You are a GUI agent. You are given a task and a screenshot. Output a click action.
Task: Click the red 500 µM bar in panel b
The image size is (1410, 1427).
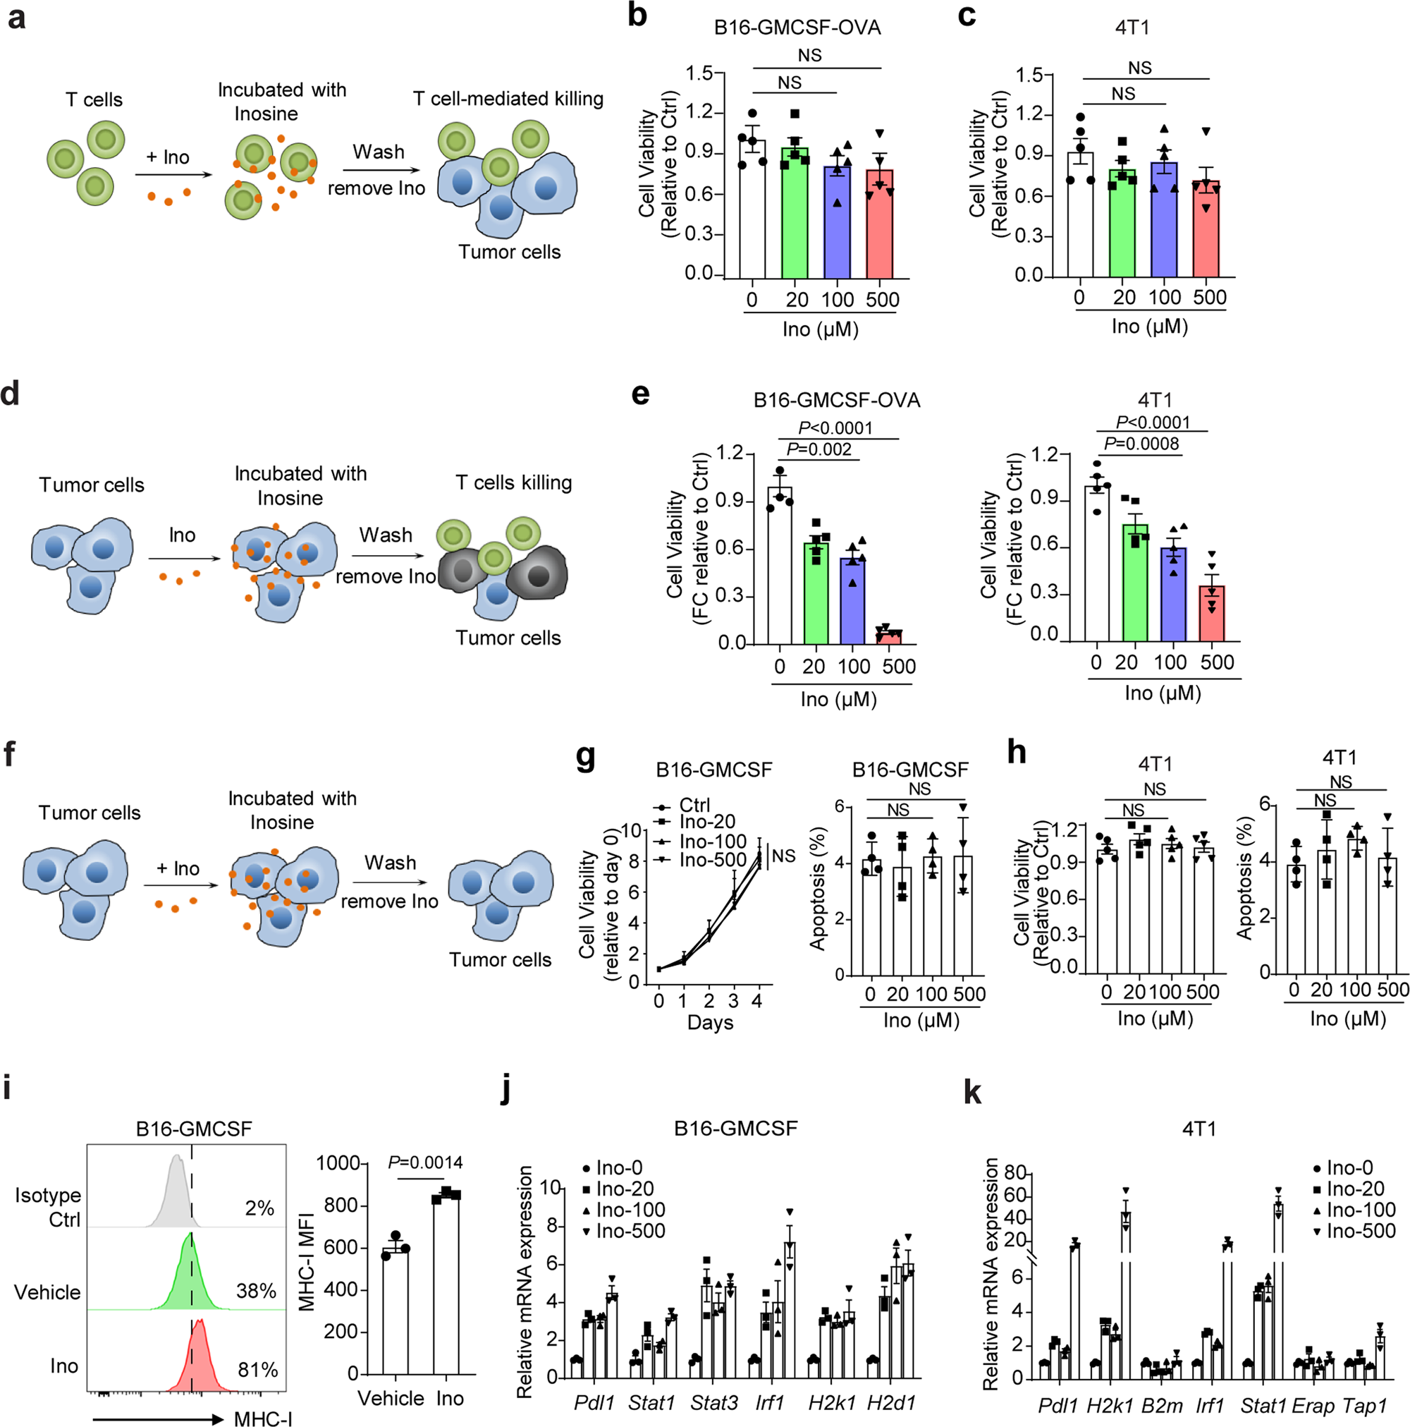[x=879, y=225]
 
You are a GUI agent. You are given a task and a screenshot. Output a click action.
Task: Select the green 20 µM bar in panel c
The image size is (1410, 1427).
[x=1122, y=224]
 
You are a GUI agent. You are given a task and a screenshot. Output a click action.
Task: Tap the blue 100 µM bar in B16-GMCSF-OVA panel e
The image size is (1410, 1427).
[x=852, y=600]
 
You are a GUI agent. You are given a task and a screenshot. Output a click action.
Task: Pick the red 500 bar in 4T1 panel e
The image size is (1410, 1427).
[x=1210, y=613]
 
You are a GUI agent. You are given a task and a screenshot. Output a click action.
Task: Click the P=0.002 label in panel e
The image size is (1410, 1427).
[x=819, y=450]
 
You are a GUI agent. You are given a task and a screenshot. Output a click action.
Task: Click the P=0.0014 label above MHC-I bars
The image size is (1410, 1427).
[x=425, y=1162]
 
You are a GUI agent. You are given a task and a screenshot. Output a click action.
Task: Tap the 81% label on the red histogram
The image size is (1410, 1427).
[x=257, y=1370]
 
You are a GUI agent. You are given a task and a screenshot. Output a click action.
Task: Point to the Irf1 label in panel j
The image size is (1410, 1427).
[x=768, y=1402]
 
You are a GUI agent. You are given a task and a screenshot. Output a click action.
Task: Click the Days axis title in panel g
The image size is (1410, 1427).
[x=709, y=1023]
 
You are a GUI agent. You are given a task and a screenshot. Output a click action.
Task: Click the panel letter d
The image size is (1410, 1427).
[x=11, y=394]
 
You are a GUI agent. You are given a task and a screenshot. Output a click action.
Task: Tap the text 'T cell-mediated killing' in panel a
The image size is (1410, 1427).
[x=508, y=99]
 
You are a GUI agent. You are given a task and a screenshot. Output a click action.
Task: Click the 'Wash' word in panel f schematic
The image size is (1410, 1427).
[x=390, y=863]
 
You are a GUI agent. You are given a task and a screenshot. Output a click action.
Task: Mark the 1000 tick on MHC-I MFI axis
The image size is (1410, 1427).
[x=338, y=1163]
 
